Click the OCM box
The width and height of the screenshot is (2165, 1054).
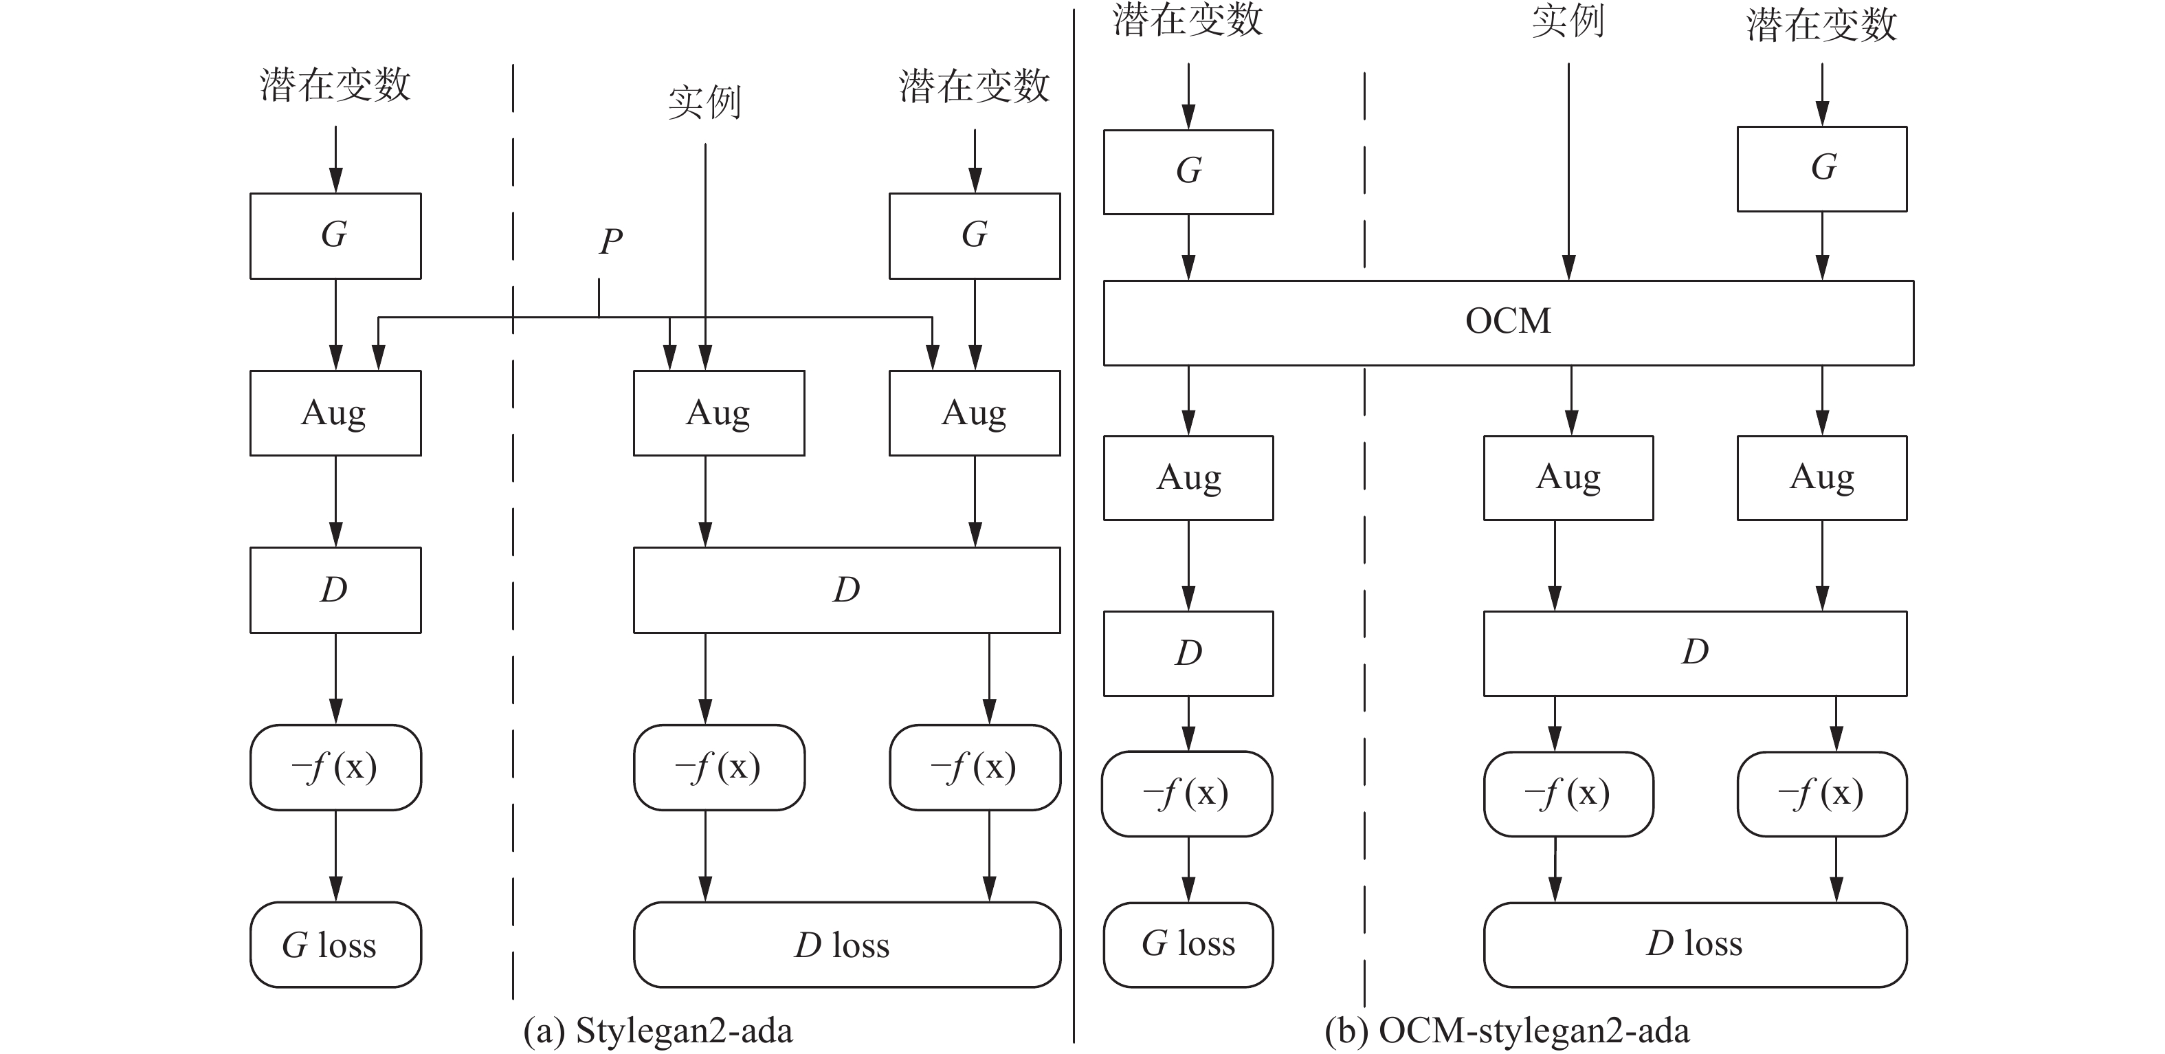point(1508,322)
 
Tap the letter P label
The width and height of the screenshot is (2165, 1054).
point(611,242)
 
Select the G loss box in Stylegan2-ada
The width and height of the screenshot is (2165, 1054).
point(335,945)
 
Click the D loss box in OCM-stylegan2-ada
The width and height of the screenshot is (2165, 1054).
point(1694,945)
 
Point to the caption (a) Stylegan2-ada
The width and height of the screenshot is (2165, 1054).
point(658,1031)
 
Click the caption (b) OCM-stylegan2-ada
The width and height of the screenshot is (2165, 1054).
point(1507,1031)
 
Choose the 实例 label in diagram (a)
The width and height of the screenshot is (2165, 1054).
point(704,102)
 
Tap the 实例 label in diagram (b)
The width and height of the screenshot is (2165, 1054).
point(1568,21)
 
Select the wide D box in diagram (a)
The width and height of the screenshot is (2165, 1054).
point(846,590)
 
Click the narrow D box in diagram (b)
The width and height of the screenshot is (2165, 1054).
point(1188,653)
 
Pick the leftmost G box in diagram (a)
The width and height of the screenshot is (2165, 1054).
point(335,235)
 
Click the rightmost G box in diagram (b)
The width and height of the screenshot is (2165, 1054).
point(1822,168)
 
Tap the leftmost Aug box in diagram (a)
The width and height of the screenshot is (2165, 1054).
point(335,413)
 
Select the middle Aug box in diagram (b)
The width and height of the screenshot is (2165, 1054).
point(1568,477)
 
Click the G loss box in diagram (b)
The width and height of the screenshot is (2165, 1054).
point(1188,945)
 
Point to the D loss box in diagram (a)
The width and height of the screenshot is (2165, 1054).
point(846,945)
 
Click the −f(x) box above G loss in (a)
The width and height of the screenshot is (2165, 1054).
point(335,767)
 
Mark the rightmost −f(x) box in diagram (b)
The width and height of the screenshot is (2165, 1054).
point(1822,793)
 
